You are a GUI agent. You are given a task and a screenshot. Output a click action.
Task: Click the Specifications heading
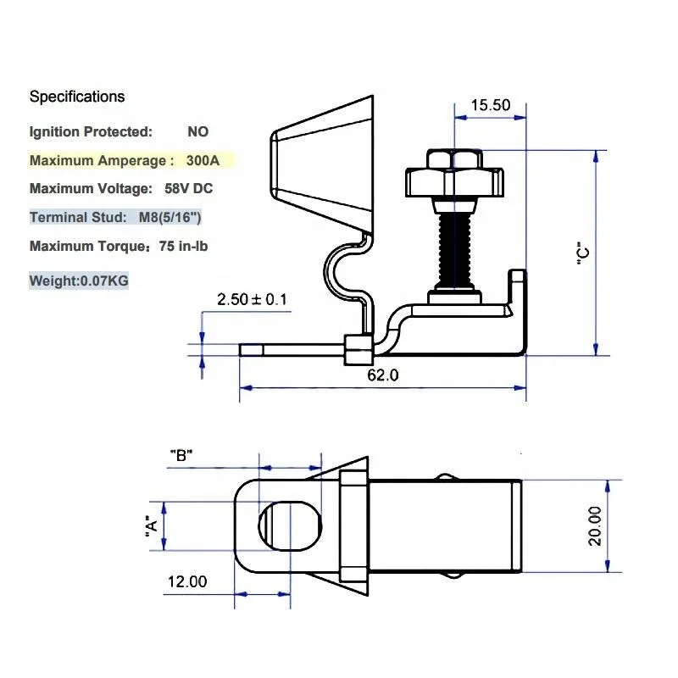click(77, 97)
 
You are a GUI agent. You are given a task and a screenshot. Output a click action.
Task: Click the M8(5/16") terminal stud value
click(169, 218)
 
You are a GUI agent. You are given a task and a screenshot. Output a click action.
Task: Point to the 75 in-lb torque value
click(178, 247)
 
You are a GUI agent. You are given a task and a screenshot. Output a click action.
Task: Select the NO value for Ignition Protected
click(197, 131)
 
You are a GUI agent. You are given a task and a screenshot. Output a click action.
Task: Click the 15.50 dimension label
click(491, 105)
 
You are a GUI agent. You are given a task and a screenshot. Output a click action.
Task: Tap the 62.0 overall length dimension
click(382, 375)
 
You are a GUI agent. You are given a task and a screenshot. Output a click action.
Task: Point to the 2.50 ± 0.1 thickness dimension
click(252, 299)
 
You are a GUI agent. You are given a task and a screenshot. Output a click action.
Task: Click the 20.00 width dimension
click(596, 525)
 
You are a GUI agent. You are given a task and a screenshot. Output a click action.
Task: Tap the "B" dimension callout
click(181, 454)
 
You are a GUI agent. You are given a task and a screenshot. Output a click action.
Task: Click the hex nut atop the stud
click(455, 173)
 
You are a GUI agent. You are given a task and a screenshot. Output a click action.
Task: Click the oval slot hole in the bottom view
click(290, 526)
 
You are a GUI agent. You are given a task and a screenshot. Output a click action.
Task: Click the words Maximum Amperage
click(97, 160)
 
